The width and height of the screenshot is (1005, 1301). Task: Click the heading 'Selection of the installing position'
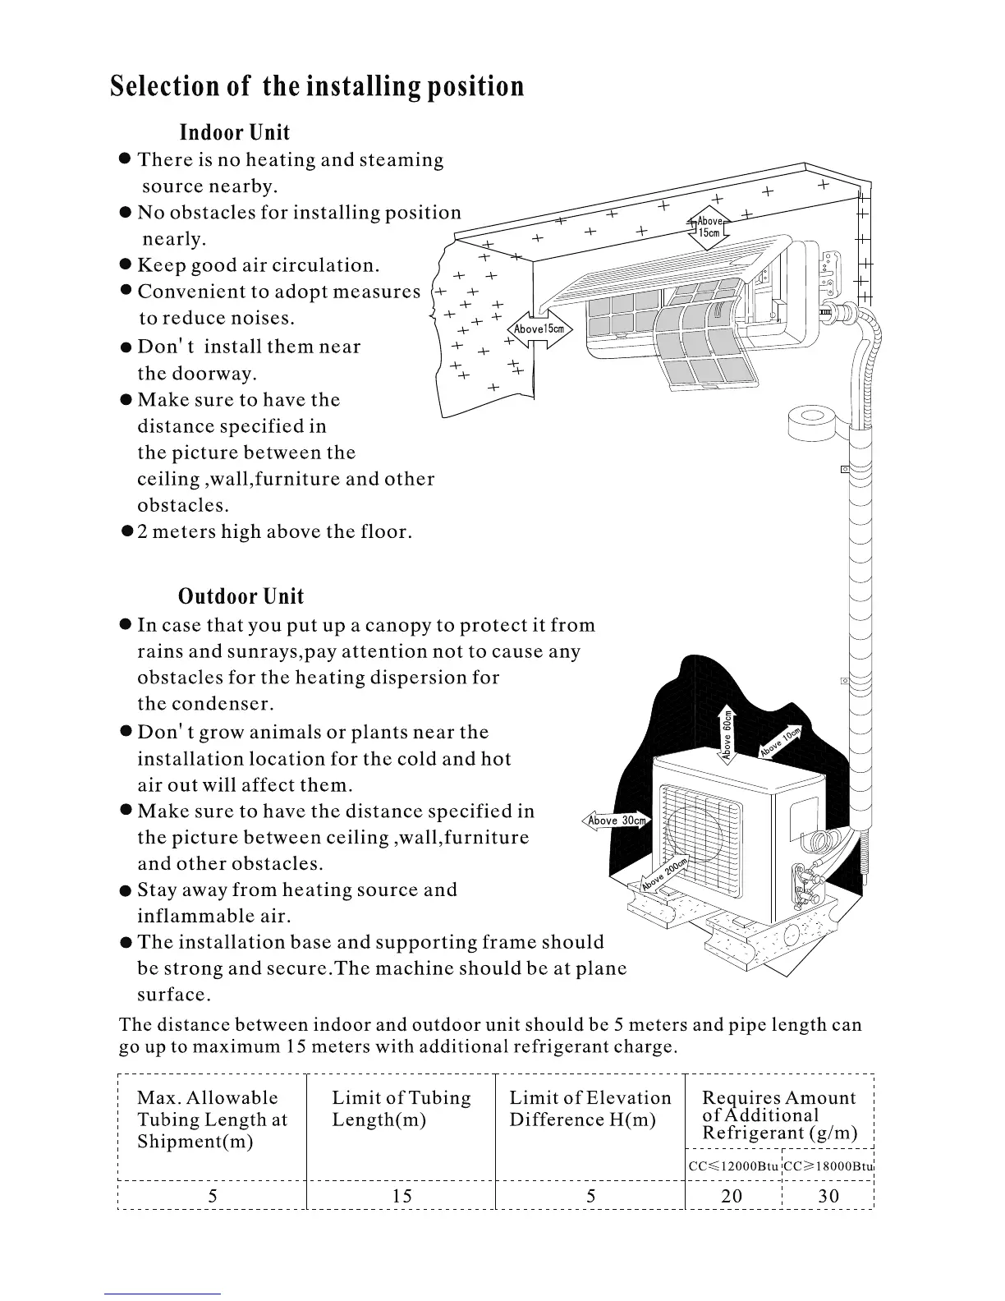click(x=317, y=87)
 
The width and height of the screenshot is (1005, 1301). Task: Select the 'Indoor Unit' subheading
click(x=234, y=133)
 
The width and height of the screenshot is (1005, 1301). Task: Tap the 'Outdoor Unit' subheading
click(x=241, y=597)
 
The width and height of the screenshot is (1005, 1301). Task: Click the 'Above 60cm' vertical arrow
click(x=727, y=733)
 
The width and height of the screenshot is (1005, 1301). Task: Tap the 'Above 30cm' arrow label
click(x=617, y=821)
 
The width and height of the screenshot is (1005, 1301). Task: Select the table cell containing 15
click(x=402, y=1196)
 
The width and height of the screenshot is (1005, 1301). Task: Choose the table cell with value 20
click(x=732, y=1196)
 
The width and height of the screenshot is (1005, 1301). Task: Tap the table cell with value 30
click(x=828, y=1196)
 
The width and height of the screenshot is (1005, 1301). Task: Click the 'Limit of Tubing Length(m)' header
click(x=401, y=1109)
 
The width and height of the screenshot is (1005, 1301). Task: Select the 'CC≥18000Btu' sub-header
click(x=828, y=1166)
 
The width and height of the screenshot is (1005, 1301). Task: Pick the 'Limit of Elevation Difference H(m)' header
click(x=590, y=1109)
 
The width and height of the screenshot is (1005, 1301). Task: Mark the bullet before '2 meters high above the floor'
click(x=126, y=531)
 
